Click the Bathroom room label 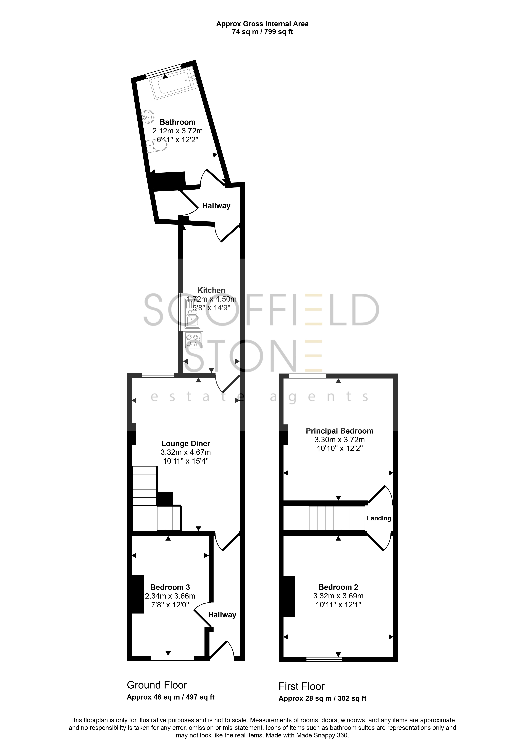pyautogui.click(x=177, y=122)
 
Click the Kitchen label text pyautogui.click(x=211, y=290)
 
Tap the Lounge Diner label pyautogui.click(x=186, y=444)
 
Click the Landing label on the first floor pyautogui.click(x=379, y=518)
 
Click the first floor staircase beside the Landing pyautogui.click(x=337, y=518)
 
